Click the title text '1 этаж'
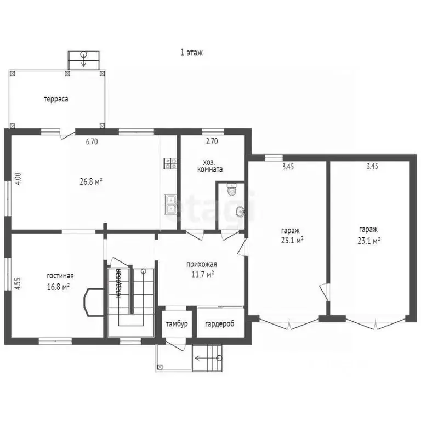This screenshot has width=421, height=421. tap(192, 53)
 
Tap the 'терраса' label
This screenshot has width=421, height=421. tap(56, 99)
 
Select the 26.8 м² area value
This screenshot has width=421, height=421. tap(92, 181)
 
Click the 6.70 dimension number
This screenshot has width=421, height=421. tap(92, 141)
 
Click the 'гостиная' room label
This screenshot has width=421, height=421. tap(60, 276)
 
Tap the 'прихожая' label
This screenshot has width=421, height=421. tap(200, 265)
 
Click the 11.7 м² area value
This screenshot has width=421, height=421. tap(200, 274)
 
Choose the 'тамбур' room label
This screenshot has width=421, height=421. tap(177, 324)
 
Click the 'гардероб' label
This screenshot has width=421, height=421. tap(220, 324)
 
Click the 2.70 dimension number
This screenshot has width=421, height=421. tap(212, 141)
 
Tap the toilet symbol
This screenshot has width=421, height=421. tap(231, 190)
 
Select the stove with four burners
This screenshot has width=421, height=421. tap(169, 163)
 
